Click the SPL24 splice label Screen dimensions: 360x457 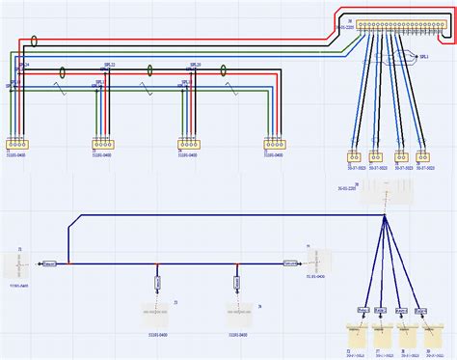(x=24, y=65)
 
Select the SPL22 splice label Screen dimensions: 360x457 (x=108, y=66)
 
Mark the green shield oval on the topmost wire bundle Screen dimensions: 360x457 (x=35, y=42)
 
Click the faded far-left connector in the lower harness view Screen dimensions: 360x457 (x=19, y=262)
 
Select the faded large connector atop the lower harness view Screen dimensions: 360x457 (x=385, y=194)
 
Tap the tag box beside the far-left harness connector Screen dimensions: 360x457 (x=50, y=263)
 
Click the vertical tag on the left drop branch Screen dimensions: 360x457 (x=157, y=283)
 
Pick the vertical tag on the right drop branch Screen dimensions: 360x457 (x=236, y=283)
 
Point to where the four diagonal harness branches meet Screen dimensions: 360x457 (x=385, y=217)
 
